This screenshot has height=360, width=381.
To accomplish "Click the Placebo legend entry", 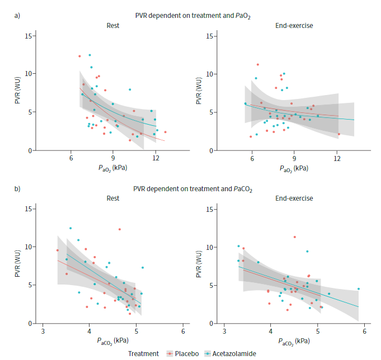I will (x=185, y=353).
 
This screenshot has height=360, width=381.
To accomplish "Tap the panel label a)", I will (x=17, y=15).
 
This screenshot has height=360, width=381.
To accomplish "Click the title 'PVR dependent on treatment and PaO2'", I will (x=191, y=15).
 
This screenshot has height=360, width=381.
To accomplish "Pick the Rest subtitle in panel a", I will (x=113, y=25).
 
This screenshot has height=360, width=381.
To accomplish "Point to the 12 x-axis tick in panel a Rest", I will (x=155, y=158).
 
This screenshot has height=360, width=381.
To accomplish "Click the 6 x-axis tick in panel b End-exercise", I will (x=364, y=331).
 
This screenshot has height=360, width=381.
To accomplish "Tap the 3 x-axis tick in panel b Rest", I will (x=43, y=331).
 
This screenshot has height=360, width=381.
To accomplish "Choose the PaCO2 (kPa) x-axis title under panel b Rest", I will (x=113, y=340).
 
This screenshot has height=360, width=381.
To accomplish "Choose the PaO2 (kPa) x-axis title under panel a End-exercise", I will (x=294, y=167).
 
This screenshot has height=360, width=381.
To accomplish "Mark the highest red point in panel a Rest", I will (x=79, y=56).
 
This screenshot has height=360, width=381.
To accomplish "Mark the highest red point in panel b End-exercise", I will (x=295, y=237).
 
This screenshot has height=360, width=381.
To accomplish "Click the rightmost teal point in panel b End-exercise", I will (x=359, y=289).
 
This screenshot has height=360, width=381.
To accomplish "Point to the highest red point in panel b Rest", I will (x=120, y=229).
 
